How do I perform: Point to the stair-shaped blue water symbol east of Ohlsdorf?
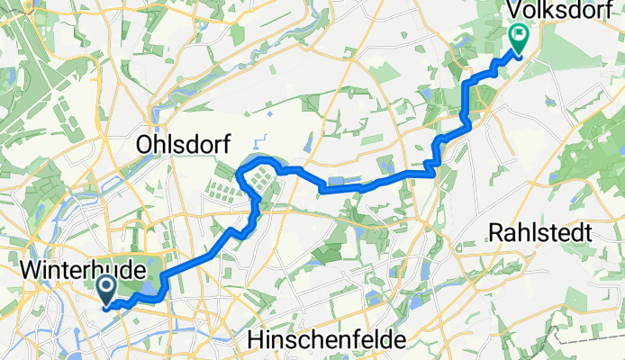pyautogui.click(x=260, y=140)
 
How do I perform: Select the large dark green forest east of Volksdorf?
pyautogui.click(x=590, y=153)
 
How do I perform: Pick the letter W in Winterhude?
pyautogui.click(x=30, y=268)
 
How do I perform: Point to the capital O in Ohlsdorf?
pyautogui.click(x=143, y=144)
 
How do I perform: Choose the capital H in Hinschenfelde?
pyautogui.click(x=255, y=340)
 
